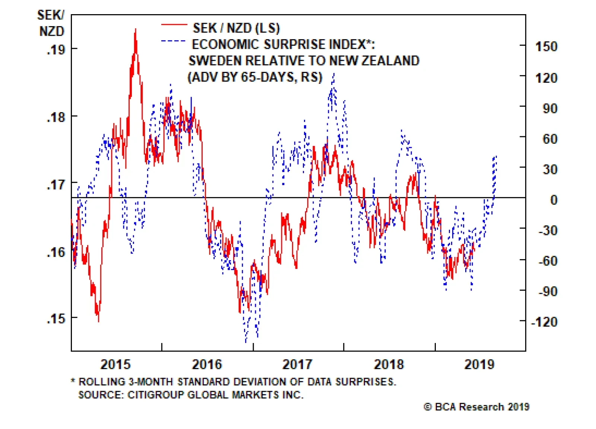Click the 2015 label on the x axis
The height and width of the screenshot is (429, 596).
115,364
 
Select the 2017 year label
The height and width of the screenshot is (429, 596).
297,364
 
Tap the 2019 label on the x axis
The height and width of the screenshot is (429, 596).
479,364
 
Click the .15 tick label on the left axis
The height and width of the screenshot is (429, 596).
56,319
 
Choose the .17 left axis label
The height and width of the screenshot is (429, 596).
56,184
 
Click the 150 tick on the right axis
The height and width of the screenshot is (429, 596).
546,47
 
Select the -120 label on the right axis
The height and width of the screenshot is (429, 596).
544,322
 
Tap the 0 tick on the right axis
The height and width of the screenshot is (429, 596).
554,200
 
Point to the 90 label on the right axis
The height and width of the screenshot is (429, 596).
550,108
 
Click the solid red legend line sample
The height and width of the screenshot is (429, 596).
174,25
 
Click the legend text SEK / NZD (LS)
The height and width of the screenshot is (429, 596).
236,28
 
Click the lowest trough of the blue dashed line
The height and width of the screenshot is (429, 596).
246,341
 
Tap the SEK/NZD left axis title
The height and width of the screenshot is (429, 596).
51,23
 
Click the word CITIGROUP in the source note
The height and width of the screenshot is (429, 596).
156,395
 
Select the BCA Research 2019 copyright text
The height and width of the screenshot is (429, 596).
476,407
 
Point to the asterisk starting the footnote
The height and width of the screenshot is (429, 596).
73,381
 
